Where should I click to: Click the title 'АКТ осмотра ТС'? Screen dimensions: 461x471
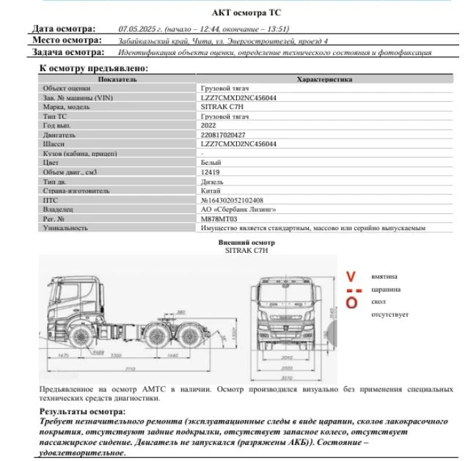[x=245, y=12]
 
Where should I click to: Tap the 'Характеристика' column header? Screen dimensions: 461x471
[x=324, y=79]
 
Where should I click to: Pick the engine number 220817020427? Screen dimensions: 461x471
[x=223, y=135]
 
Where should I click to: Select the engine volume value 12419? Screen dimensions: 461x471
[x=211, y=172]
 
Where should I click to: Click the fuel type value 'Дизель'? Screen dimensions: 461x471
[x=212, y=181]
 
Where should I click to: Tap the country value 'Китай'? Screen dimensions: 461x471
[x=211, y=191]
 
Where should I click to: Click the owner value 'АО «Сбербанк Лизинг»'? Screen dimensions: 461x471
[x=238, y=209]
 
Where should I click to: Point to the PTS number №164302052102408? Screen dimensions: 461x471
[x=232, y=200]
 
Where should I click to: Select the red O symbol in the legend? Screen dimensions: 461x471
[x=351, y=303]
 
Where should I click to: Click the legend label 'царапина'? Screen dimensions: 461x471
[x=385, y=289]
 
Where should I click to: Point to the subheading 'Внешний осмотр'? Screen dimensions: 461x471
[x=246, y=241]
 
